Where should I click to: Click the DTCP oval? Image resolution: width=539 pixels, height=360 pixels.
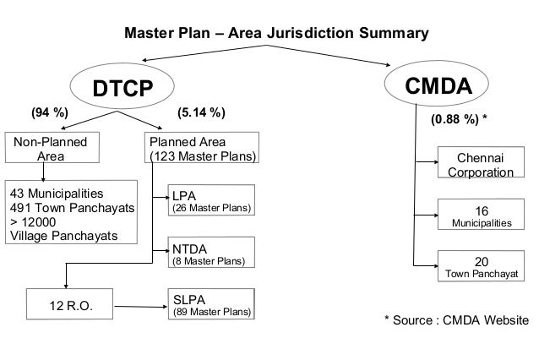click(122, 88)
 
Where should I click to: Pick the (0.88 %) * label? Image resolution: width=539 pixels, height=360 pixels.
click(459, 120)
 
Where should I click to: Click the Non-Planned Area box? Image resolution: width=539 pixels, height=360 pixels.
click(49, 149)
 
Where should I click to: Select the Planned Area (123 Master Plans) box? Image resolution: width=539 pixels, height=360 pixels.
click(202, 149)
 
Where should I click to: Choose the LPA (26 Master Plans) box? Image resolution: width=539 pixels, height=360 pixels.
click(211, 201)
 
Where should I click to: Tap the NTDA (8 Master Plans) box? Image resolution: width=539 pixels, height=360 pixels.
click(211, 254)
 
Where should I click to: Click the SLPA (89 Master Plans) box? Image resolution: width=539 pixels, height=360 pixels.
click(211, 305)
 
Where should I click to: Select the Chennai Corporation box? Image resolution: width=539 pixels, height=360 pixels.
click(479, 165)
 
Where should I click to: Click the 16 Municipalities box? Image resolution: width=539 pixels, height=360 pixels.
click(479, 215)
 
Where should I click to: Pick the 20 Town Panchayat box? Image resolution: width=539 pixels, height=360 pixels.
click(479, 267)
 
